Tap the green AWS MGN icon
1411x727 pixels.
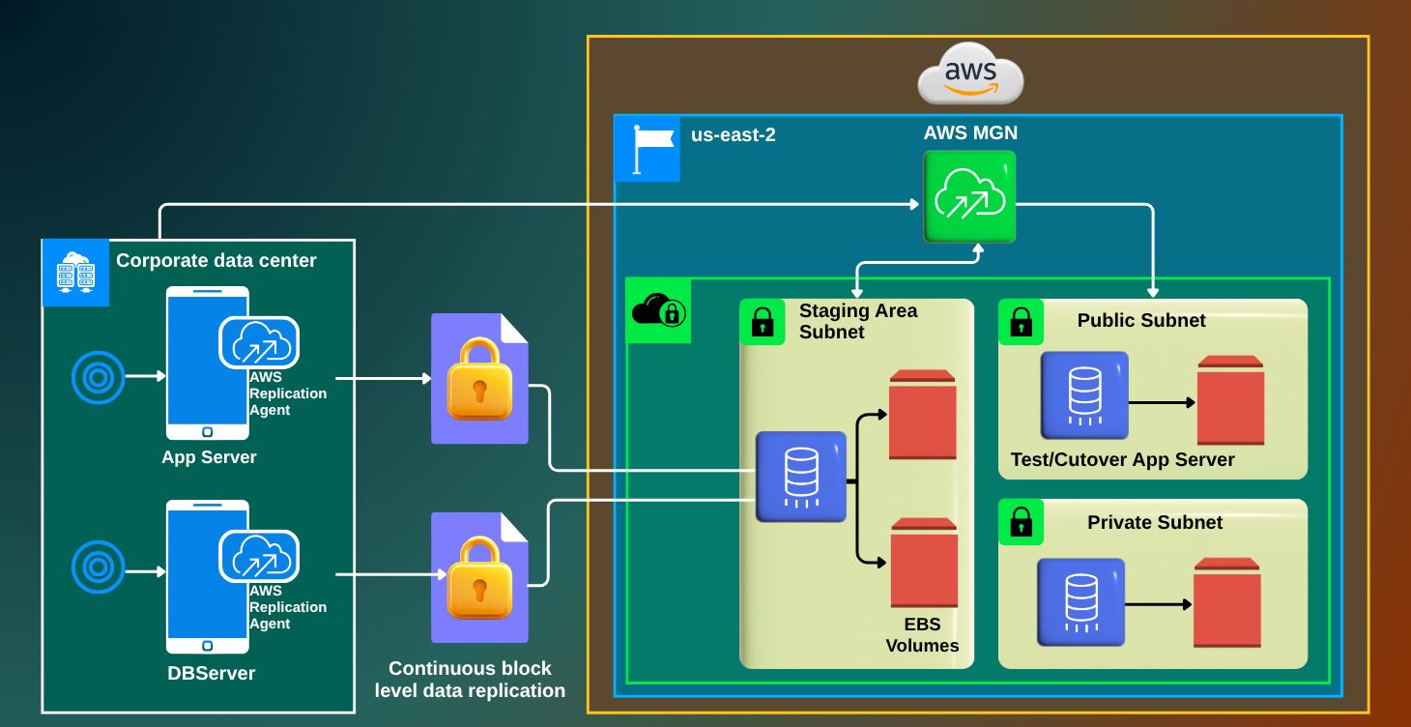pyautogui.click(x=969, y=196)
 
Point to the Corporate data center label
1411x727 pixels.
pyautogui.click(x=216, y=261)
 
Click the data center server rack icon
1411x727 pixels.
pyautogui.click(x=75, y=273)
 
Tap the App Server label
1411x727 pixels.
pyautogui.click(x=209, y=457)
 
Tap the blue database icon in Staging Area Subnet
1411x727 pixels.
pyautogui.click(x=800, y=478)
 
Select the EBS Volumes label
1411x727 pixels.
pyautogui.click(x=922, y=634)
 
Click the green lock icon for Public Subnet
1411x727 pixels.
pyautogui.click(x=1021, y=322)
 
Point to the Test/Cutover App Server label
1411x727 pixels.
pyautogui.click(x=1122, y=460)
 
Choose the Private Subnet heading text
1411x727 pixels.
pyautogui.click(x=1155, y=523)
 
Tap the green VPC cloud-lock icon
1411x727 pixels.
pyautogui.click(x=658, y=310)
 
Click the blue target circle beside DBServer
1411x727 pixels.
pyautogui.click(x=98, y=567)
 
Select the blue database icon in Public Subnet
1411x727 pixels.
pyautogui.click(x=1084, y=395)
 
